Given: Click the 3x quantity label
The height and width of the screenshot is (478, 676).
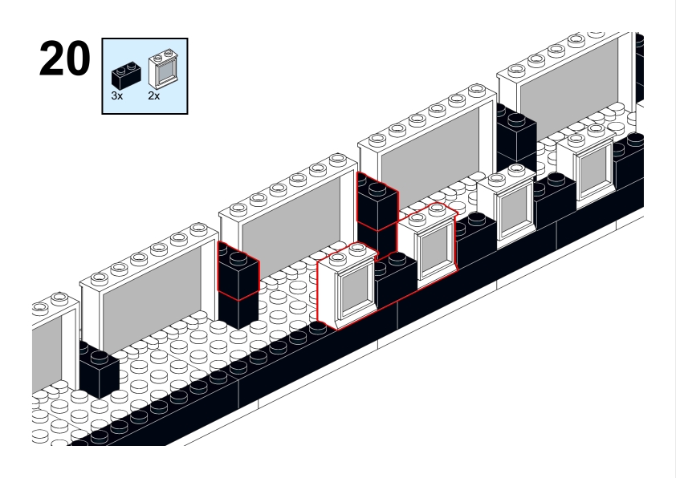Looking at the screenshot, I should (117, 95).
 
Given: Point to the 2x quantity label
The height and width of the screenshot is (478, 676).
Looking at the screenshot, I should (154, 95).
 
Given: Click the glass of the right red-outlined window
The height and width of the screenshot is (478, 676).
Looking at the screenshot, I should (434, 247).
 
